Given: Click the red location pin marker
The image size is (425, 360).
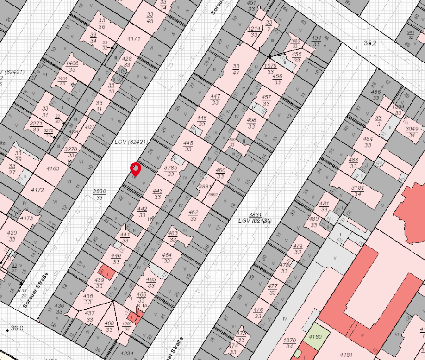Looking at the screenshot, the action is pyautogui.click(x=135, y=169).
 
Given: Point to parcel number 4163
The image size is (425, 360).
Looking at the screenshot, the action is pyautogui.click(x=52, y=169).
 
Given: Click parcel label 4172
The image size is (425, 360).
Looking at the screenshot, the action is pyautogui.click(x=37, y=190).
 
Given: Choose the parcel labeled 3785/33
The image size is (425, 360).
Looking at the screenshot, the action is pyautogui.click(x=171, y=171).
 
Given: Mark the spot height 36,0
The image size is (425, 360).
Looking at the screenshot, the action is pyautogui.click(x=17, y=328).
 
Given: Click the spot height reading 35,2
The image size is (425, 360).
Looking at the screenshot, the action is pyautogui.click(x=370, y=43).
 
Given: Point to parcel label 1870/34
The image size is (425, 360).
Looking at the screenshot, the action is pyautogui.click(x=289, y=344).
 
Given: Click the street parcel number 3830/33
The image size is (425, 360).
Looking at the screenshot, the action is pyautogui.click(x=100, y=194).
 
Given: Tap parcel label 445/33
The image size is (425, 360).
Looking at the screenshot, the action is pyautogui.click(x=188, y=146).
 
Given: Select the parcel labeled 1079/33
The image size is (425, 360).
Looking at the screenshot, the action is pyautogui.click(x=270, y=69).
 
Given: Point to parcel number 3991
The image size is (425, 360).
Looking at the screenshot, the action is pyautogui.click(x=205, y=186).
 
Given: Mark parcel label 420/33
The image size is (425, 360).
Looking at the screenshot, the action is pyautogui.click(x=12, y=236).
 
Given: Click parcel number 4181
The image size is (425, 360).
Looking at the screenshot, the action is pyautogui.click(x=347, y=354).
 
